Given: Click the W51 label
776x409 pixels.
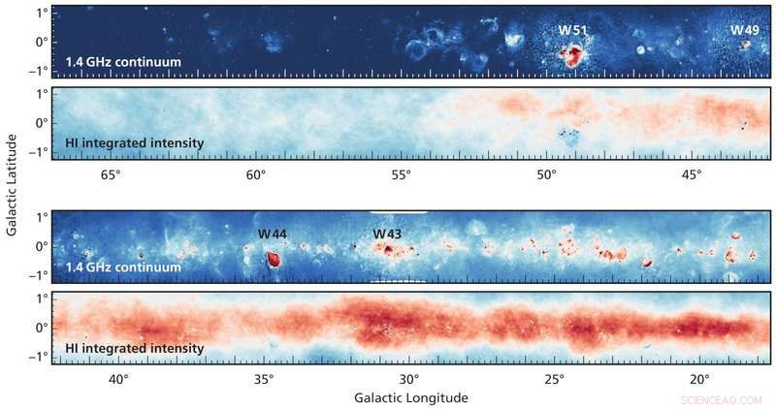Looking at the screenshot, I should pyautogui.click(x=572, y=30).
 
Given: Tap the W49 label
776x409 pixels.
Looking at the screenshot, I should pyautogui.click(x=744, y=30).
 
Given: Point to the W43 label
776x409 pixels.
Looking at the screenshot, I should pyautogui.click(x=388, y=235).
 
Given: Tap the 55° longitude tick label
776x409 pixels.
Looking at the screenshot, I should pyautogui.click(x=401, y=174).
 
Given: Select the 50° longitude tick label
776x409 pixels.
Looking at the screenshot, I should pyautogui.click(x=546, y=174).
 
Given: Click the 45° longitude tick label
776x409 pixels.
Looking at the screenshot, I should pyautogui.click(x=691, y=174).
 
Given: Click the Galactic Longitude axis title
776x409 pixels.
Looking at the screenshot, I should pyautogui.click(x=411, y=397).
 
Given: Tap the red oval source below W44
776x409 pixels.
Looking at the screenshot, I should pyautogui.click(x=273, y=260).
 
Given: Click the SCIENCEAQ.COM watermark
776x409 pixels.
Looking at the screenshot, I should pyautogui.click(x=722, y=398).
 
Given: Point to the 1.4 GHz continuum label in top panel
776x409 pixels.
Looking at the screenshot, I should pyautogui.click(x=123, y=63).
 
